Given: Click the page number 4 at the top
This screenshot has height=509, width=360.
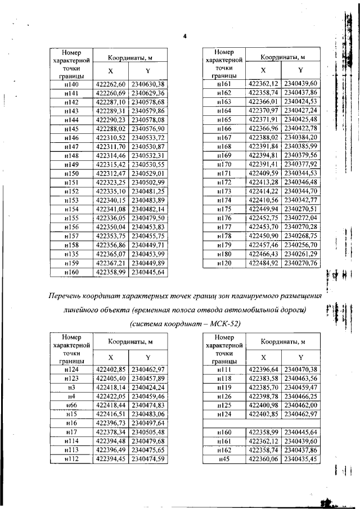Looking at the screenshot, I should coord(184,37).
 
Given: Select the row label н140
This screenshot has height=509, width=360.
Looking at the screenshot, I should coord(71,84).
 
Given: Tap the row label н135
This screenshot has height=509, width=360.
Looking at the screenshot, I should coord(71,255).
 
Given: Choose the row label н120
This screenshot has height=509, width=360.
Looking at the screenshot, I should coord(224,263).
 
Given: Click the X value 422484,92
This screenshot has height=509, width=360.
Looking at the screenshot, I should coord(264,263).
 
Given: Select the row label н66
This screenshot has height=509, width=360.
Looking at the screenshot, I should coord(71,405).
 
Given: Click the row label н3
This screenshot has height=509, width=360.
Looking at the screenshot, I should coord(71,387).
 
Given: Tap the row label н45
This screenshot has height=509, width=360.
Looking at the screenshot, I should coord(224,459).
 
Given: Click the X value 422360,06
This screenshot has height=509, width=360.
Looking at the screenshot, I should coord(264,459).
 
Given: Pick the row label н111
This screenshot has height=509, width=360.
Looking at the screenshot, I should coord(224,370).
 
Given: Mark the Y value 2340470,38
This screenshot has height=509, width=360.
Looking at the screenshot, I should coord(300,370).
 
